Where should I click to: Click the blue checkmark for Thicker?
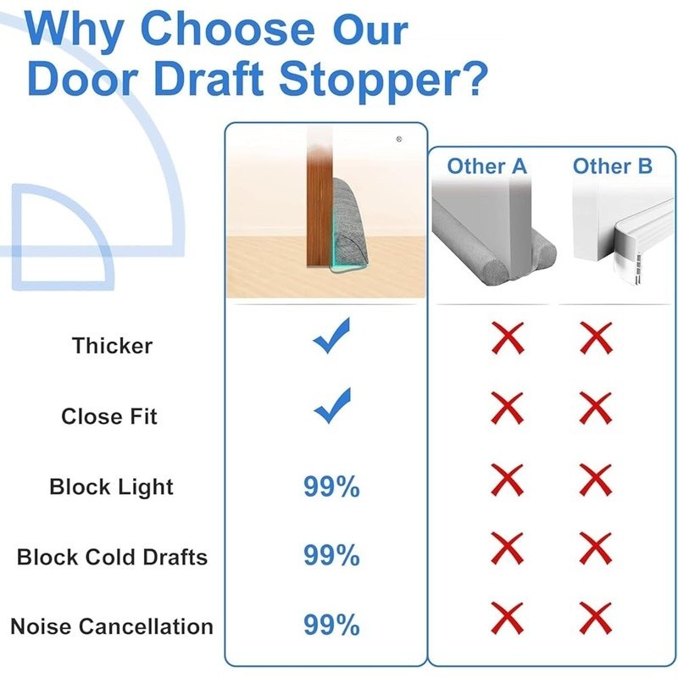(331, 337)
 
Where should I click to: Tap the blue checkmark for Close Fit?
(331, 407)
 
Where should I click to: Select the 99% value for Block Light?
(331, 486)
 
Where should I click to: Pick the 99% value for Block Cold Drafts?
(331, 556)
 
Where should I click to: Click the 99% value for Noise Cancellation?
(331, 625)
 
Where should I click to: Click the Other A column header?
(487, 166)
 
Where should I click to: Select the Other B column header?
(612, 166)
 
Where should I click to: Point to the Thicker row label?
(112, 346)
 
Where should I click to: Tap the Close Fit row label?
(109, 416)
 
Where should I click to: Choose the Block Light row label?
(111, 486)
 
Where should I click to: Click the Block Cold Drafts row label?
(112, 557)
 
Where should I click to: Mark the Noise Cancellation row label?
(112, 626)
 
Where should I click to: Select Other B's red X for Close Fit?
(596, 408)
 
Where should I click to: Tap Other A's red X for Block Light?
(508, 481)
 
